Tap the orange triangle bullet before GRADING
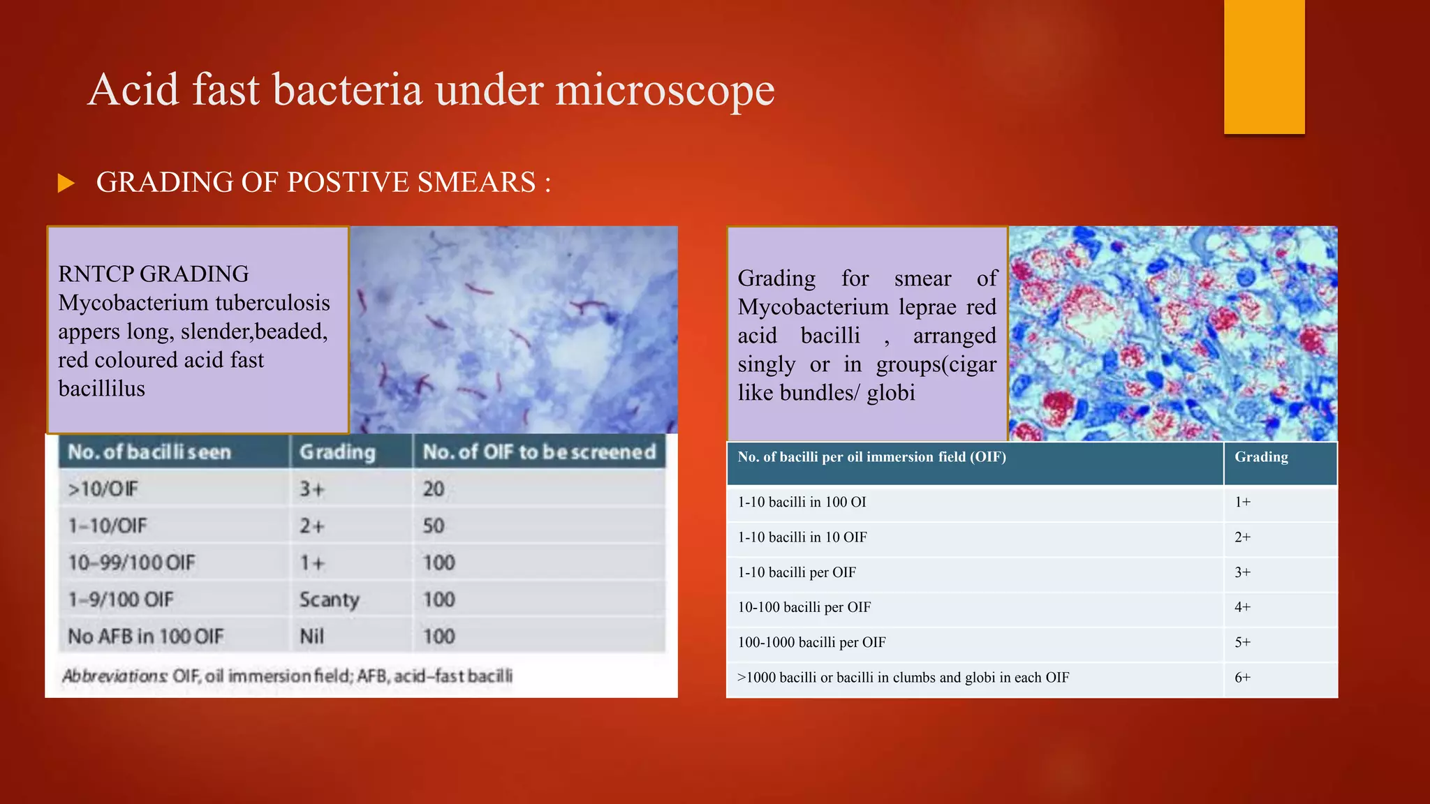coord(66,184)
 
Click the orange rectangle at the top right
coord(1264,66)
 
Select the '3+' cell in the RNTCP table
coord(312,489)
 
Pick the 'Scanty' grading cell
coord(329,600)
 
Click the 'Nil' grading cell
coord(311,636)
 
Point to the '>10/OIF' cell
coord(103,489)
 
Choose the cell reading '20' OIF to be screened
coord(433,489)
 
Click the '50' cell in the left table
coord(433,526)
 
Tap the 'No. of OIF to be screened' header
coord(539,452)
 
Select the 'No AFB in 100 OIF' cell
coord(145,636)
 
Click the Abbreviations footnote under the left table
coord(287,676)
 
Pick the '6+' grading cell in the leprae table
coord(1242,678)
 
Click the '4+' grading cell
coord(1242,607)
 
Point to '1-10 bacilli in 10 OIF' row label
coord(802,537)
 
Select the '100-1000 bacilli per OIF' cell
coord(811,642)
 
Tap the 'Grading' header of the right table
coord(1261,457)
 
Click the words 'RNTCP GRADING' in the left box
coord(153,274)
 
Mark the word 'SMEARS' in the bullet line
coord(476,183)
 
